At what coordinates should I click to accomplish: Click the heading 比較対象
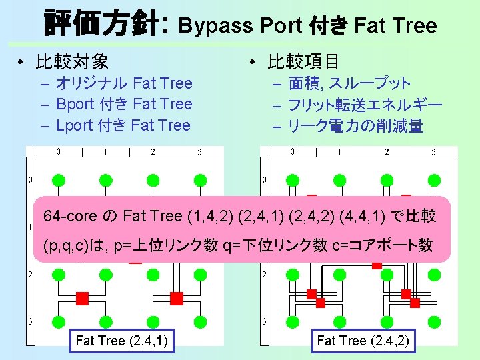[x=72, y=62]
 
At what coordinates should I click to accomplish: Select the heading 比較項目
[x=303, y=62]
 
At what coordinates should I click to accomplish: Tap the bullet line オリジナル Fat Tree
[x=124, y=83]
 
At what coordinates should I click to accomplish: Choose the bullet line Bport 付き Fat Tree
[x=124, y=104]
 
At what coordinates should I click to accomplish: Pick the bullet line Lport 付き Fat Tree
[x=123, y=125]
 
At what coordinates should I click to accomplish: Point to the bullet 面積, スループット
[x=349, y=83]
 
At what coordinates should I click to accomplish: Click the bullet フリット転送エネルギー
[x=365, y=105]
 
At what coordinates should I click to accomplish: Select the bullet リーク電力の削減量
[x=355, y=125]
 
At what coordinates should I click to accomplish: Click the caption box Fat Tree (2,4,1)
[x=121, y=341]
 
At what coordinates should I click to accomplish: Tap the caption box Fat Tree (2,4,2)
[x=363, y=341]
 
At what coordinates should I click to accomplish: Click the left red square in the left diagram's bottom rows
[x=82, y=298]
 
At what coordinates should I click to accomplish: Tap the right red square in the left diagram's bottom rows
[x=177, y=298]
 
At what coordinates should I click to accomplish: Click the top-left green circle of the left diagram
[x=58, y=179]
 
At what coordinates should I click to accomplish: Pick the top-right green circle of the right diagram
[x=434, y=179]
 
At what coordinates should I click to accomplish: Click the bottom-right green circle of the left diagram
[x=200, y=321]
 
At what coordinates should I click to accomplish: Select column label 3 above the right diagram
[x=433, y=152]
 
